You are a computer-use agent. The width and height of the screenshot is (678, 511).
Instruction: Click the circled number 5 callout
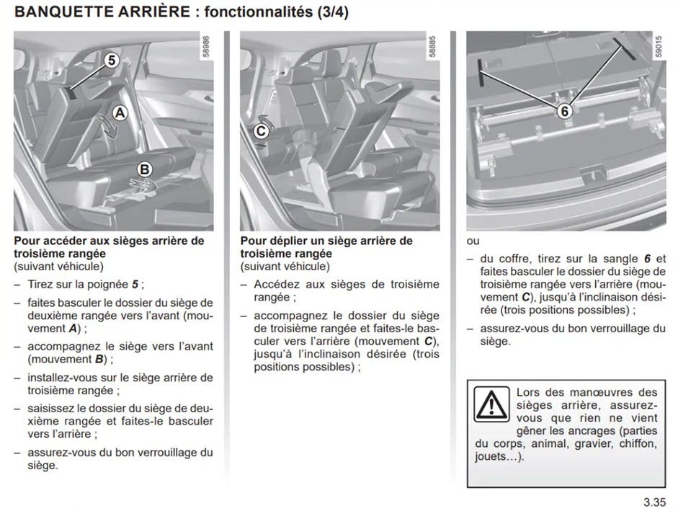111,61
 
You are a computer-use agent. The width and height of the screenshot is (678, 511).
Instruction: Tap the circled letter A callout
120,112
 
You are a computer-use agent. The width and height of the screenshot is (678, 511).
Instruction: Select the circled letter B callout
144,169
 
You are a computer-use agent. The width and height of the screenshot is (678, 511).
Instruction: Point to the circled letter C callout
262,130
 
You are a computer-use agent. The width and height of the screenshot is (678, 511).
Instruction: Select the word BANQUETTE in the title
58,12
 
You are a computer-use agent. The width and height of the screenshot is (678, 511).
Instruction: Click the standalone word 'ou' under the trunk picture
473,241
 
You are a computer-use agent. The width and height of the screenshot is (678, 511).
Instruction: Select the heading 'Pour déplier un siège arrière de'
326,241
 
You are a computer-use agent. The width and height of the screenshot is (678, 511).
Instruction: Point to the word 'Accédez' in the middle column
275,284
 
